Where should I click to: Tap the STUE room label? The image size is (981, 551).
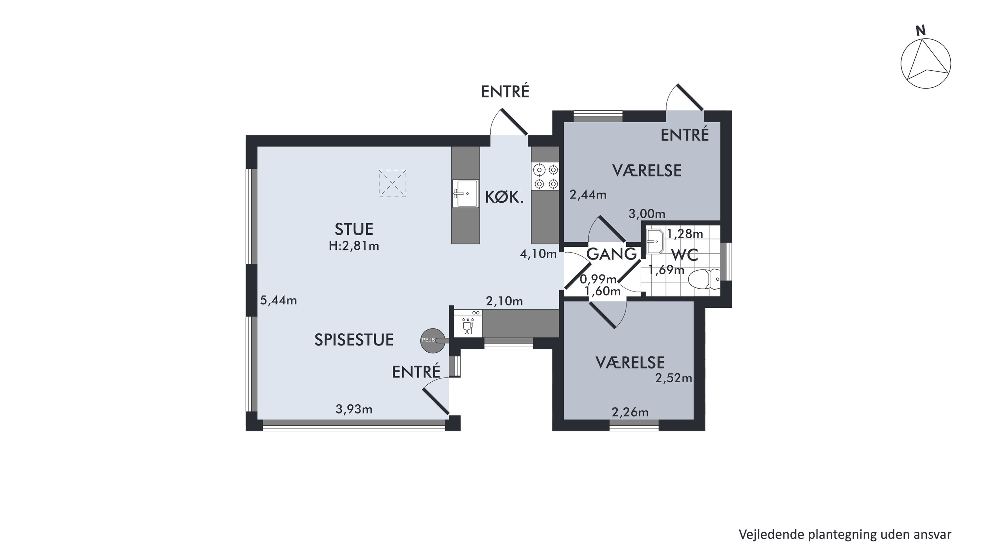click(354, 229)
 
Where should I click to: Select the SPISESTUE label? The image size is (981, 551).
click(354, 340)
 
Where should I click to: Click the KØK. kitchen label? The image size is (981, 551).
click(504, 197)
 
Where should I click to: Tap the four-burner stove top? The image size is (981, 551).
click(545, 176)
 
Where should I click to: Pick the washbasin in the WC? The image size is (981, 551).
click(655, 241)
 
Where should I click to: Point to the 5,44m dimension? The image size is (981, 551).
click(278, 301)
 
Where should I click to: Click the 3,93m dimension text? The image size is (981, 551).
click(354, 409)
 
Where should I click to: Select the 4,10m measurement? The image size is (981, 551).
click(539, 254)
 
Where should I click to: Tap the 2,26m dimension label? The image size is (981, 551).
click(630, 412)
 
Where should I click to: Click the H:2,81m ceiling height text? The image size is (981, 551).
click(354, 246)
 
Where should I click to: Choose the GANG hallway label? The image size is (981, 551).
click(611, 254)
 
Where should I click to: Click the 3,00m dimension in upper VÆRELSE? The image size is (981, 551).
click(646, 214)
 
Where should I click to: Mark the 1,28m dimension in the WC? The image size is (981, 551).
click(685, 234)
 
